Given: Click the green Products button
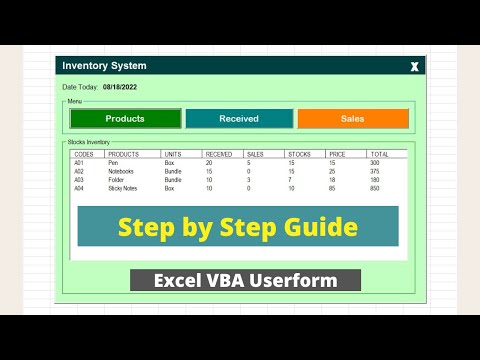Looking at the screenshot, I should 125,119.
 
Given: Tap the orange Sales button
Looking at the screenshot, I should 352,119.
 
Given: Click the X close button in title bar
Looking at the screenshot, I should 414,67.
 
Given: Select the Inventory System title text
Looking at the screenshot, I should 104,66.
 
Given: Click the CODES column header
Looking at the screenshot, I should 85,154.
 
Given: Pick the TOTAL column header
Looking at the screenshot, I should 380,154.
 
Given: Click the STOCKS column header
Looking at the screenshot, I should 299,154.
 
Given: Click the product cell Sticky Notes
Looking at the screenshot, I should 125,188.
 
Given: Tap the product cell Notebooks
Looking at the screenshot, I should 124,171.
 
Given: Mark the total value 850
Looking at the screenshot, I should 375,188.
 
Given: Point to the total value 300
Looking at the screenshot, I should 375,163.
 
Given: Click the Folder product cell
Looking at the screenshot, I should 118,180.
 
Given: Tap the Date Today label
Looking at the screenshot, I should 80,87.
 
